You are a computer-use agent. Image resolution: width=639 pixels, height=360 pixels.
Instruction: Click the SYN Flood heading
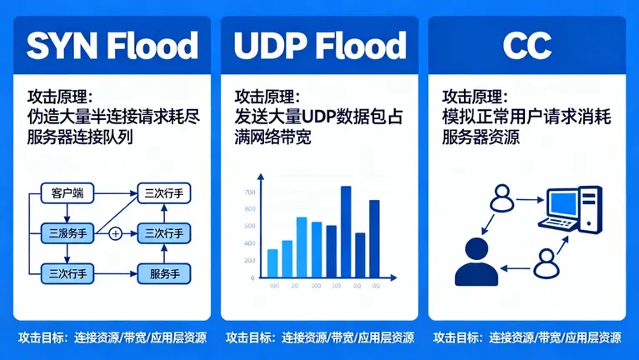coord(112,45)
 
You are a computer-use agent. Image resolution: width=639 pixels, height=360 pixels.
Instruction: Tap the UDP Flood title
coord(319,45)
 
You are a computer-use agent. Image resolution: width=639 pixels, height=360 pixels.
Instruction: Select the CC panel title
coord(527,45)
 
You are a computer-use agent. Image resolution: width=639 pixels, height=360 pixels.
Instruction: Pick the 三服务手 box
coord(67,233)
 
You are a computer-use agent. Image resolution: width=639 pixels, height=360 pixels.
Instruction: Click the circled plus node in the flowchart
coord(115,233)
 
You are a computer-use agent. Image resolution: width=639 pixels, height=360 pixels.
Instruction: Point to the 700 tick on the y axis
coord(249,192)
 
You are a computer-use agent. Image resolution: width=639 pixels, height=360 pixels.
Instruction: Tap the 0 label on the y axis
coord(252,277)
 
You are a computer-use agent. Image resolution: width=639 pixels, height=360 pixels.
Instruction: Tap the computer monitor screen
coord(563,203)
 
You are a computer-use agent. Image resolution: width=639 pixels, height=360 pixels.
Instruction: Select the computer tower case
coord(592,210)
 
